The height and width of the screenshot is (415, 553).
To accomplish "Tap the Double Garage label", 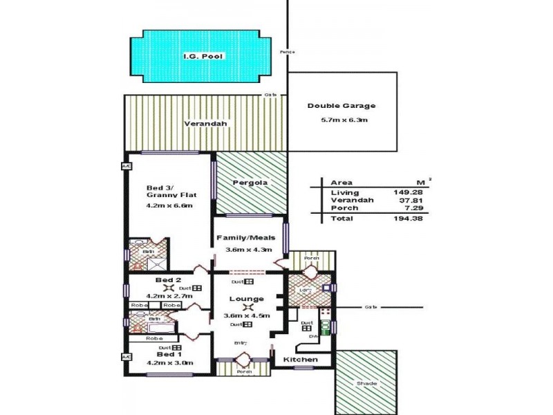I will click(x=341, y=106).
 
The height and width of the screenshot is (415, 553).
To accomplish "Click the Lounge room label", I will click(x=247, y=299).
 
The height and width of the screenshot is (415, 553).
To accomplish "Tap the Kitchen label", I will click(x=301, y=360).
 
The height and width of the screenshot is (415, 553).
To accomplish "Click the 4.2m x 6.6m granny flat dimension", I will click(x=169, y=205).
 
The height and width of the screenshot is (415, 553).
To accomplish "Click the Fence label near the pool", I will click(x=288, y=53).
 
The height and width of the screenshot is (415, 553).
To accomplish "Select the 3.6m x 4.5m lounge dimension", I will click(x=247, y=316).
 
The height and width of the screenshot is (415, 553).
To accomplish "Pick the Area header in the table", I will click(x=341, y=183).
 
